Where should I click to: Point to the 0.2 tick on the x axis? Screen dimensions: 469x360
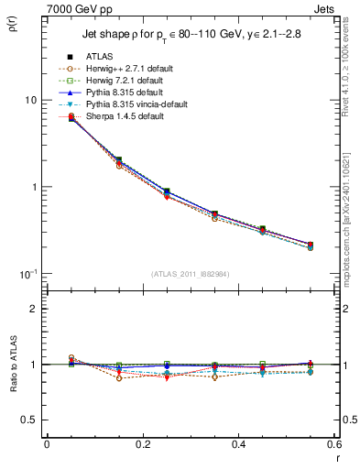(x=142, y=444)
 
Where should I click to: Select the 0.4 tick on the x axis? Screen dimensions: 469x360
(x=238, y=444)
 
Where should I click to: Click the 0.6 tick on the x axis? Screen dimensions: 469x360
(x=333, y=444)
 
